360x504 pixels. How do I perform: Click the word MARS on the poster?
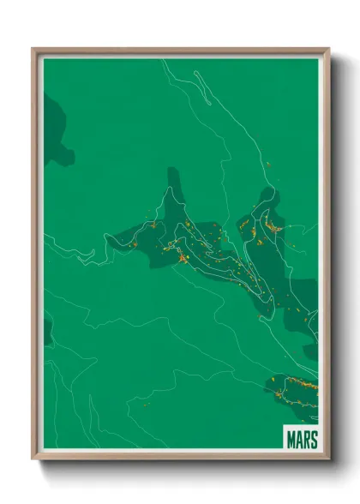coord(301,439)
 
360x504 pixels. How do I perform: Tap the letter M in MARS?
coord(291,439)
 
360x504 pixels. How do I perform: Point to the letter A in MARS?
coord(298,439)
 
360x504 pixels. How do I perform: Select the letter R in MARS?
coord(306,439)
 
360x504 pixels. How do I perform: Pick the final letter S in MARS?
coord(314,439)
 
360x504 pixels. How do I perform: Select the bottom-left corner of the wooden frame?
coord(33,459)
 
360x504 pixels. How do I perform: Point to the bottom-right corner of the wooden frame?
coord(328,459)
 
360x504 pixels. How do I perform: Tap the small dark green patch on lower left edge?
coord(47,331)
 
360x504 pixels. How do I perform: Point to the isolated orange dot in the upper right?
coord(267,163)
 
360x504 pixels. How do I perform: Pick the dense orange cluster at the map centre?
coord(182,255)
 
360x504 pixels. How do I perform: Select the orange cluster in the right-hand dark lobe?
coord(273,226)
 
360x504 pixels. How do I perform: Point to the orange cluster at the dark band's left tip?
coord(135,243)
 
